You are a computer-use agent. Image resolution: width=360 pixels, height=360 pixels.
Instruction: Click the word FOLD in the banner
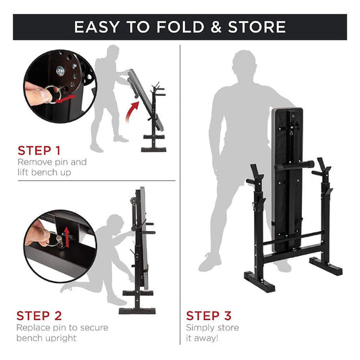(x=180, y=27)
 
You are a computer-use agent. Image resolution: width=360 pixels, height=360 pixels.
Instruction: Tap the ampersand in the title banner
(x=215, y=27)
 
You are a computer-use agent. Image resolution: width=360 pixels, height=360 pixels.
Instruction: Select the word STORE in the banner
(x=257, y=27)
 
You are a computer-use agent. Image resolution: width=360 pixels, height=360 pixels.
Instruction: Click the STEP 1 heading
(x=39, y=151)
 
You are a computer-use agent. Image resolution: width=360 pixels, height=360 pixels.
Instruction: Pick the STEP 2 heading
(x=39, y=315)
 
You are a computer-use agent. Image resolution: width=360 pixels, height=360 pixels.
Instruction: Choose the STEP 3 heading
(x=209, y=315)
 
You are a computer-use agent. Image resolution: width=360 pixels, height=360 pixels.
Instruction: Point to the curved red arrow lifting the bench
(x=132, y=111)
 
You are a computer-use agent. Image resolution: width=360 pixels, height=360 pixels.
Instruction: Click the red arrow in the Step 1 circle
(x=66, y=98)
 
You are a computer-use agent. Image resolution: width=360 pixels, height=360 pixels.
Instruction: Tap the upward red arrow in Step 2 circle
(x=67, y=237)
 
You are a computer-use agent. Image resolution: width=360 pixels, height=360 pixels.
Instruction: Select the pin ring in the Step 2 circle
(x=53, y=240)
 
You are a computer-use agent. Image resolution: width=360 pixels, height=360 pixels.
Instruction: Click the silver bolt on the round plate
(x=60, y=71)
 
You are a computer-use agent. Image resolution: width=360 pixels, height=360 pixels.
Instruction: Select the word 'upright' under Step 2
(x=61, y=338)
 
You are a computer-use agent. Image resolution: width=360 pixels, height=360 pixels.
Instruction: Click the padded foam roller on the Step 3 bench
(x=294, y=166)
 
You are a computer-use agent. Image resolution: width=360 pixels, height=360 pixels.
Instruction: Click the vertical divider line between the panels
(x=180, y=195)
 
